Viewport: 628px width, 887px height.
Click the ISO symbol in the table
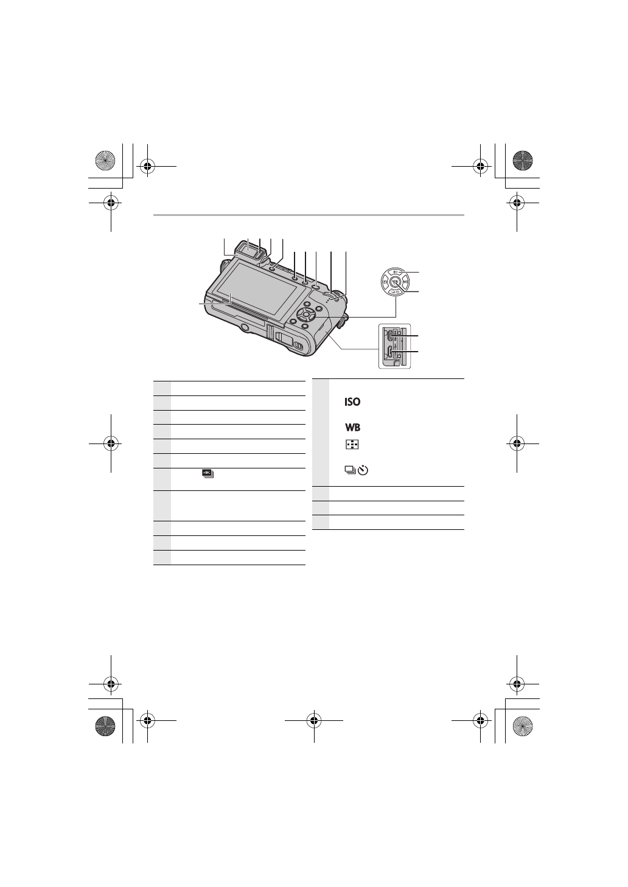coord(352,402)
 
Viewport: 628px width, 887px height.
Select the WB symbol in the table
coord(352,428)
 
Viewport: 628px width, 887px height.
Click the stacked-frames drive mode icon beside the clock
coord(349,470)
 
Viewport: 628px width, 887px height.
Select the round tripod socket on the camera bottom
coord(245,329)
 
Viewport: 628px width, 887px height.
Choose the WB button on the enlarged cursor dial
coord(406,281)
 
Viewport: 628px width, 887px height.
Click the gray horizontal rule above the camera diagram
coord(309,215)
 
